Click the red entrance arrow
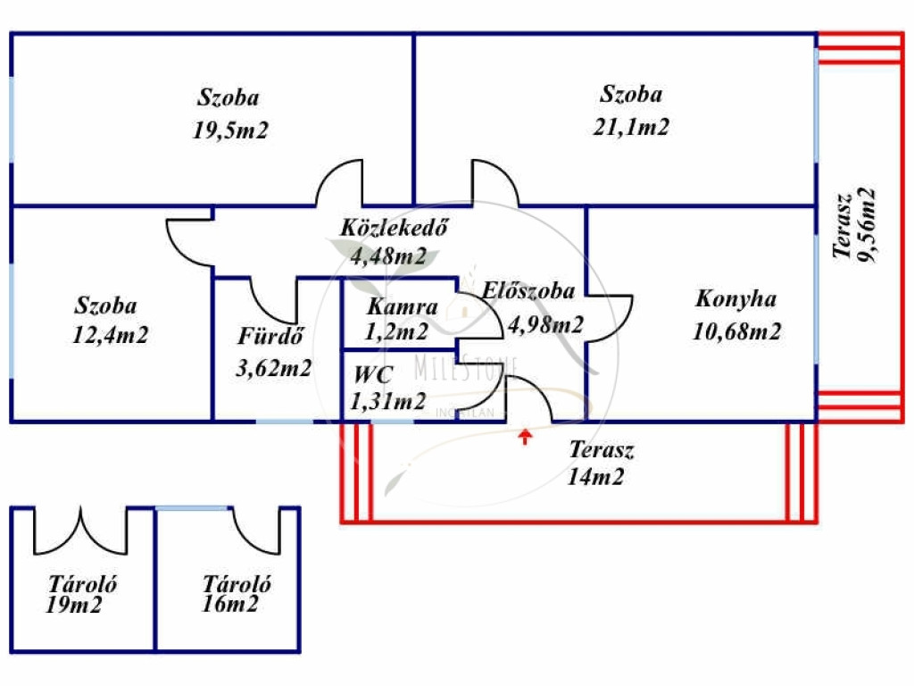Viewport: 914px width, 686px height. pos(526,436)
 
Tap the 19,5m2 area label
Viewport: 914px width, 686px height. pos(230,131)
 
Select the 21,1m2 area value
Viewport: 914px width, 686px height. pos(632,127)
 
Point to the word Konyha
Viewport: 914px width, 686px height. pos(736,299)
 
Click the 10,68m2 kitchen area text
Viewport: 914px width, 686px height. pos(737,332)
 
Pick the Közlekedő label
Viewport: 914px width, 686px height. pos(393,227)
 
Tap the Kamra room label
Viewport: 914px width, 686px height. pos(403,308)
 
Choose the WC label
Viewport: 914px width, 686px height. pos(372,374)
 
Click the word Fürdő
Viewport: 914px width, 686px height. pos(271,337)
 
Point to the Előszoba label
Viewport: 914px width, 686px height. pos(528,290)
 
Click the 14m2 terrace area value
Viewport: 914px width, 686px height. pos(595,478)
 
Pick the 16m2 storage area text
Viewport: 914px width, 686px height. pos(230,606)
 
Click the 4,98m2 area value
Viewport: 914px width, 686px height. pos(545,325)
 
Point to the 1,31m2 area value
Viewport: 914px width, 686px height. pos(389,402)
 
